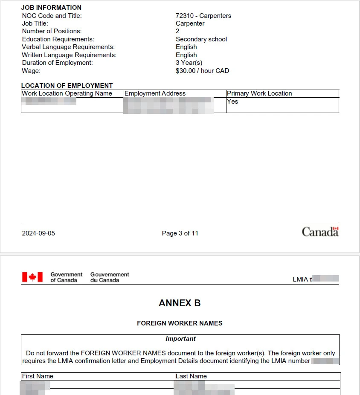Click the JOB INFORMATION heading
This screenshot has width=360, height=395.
point(51,8)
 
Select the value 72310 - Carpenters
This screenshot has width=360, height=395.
point(203,16)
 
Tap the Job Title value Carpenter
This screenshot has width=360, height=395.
point(190,23)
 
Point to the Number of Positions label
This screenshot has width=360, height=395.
point(52,31)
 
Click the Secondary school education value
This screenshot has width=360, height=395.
point(201,39)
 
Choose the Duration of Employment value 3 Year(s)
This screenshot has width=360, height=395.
point(189,63)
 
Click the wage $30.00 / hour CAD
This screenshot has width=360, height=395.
point(202,71)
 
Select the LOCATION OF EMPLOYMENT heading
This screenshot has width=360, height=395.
point(67,86)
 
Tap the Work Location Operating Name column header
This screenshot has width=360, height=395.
point(67,93)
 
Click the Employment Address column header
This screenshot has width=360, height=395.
point(155,93)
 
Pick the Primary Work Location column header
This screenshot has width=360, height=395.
point(259,93)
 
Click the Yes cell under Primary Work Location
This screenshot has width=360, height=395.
point(232,102)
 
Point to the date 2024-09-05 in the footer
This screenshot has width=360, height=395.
point(38,233)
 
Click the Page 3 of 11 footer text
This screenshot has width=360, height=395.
point(180,233)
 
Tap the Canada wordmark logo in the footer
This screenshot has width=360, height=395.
point(320,232)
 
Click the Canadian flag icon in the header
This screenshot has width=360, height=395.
point(32,277)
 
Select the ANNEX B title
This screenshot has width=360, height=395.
point(180,303)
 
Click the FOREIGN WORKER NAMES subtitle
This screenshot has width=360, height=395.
point(180,323)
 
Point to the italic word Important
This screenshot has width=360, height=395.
point(180,339)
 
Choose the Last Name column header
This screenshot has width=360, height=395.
point(191,376)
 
